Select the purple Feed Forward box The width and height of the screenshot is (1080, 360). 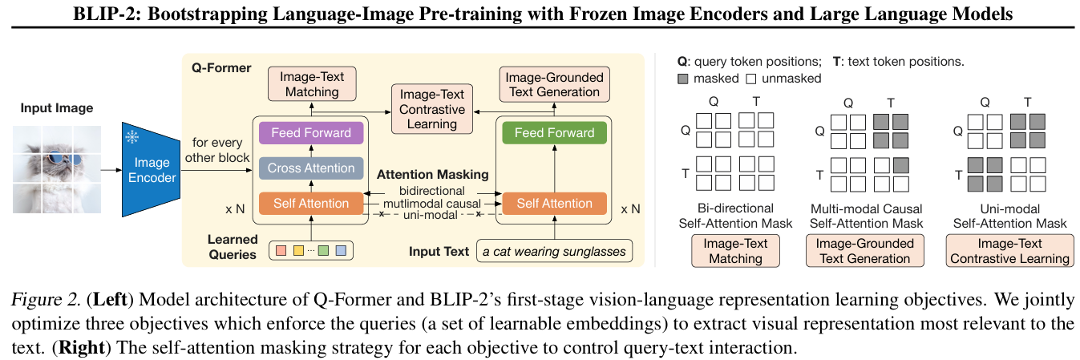point(311,132)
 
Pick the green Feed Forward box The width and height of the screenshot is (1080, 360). point(554,132)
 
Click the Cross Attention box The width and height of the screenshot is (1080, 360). point(311,168)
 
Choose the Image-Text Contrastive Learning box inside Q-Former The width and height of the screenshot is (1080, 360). point(432,109)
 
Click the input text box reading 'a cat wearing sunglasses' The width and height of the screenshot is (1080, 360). point(553,252)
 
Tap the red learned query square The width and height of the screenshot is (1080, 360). point(281,251)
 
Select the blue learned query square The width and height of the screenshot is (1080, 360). point(341,251)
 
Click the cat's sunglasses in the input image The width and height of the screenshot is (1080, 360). point(63,159)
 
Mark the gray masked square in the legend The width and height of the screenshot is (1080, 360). point(682,79)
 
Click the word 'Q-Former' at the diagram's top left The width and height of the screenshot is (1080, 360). point(220,68)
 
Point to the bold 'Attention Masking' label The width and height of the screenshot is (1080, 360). point(434,174)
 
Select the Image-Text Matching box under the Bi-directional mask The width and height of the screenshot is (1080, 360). point(735,251)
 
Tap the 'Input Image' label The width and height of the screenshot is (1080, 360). point(57,108)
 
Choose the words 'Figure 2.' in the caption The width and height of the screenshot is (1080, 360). point(47,300)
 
